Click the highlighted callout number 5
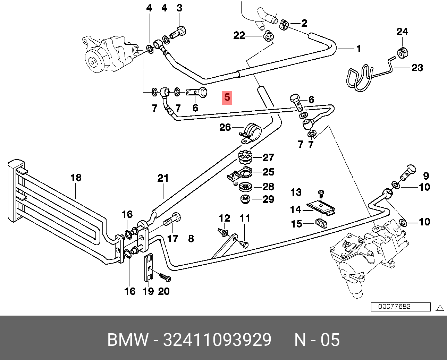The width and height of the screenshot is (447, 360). click(227, 97)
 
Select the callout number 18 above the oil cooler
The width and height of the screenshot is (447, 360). click(76, 178)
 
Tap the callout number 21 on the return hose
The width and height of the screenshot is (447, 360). click(163, 179)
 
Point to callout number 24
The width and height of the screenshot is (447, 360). click(402, 32)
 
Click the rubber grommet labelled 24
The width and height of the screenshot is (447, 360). click(403, 53)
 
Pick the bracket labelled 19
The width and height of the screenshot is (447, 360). click(148, 267)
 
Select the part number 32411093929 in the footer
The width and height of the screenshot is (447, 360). click(217, 340)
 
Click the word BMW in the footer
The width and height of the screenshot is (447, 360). click(128, 340)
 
